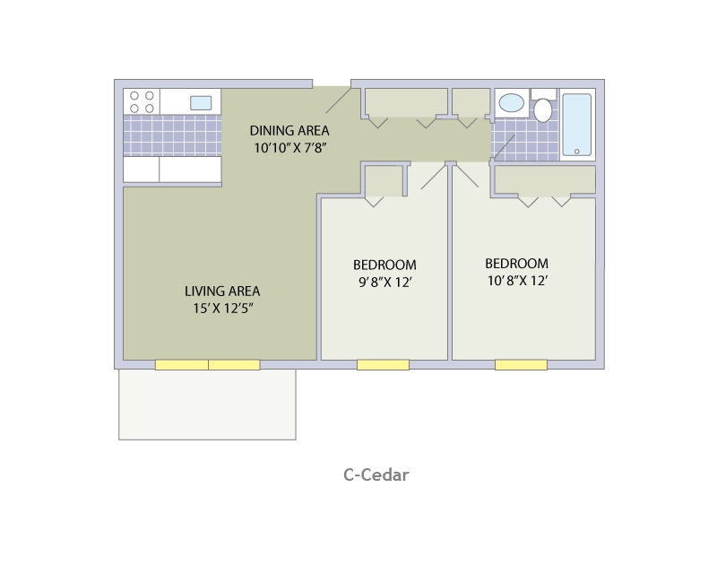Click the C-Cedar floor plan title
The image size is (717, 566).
(376, 475)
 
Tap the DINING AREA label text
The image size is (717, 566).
(289, 130)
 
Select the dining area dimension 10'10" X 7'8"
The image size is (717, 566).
(289, 148)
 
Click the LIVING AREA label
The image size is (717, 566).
(222, 291)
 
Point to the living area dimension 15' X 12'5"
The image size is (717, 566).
(222, 309)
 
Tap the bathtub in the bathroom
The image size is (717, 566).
(576, 124)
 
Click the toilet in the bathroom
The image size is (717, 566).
(543, 110)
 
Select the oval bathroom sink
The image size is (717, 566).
(512, 103)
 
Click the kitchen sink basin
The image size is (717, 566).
(201, 102)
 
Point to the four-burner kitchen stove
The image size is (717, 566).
(141, 101)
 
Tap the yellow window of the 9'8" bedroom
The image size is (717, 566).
(383, 365)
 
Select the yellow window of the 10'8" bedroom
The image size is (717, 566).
(521, 365)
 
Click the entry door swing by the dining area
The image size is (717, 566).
(337, 100)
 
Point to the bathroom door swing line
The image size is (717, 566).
(504, 146)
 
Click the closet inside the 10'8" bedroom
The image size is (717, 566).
(545, 179)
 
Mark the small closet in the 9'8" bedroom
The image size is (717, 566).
(384, 181)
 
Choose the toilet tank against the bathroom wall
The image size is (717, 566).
(543, 93)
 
